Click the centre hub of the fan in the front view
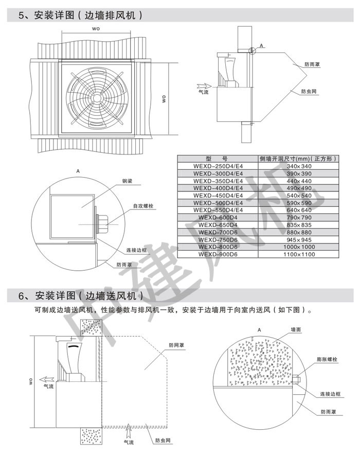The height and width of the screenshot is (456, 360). (96, 97)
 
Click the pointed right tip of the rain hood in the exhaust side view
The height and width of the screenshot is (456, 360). (308, 75)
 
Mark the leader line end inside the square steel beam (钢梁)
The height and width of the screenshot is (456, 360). (82, 207)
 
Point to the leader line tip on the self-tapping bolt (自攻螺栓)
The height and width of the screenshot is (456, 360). (106, 225)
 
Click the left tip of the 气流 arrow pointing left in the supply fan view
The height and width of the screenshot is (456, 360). (40, 379)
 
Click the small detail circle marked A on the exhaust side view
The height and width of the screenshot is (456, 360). (252, 51)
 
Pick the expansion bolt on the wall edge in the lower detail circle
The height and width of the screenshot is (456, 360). (296, 379)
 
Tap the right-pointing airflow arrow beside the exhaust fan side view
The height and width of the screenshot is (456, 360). (204, 86)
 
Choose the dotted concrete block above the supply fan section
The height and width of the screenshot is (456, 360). (91, 327)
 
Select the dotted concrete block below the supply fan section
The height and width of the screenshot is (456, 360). (91, 436)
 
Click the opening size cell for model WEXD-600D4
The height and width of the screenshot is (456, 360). (299, 218)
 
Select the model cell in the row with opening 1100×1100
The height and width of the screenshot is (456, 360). (218, 254)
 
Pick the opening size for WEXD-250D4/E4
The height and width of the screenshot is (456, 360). (299, 166)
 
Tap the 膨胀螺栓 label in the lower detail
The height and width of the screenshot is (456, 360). (327, 359)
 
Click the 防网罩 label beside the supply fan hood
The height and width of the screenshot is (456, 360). (176, 345)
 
